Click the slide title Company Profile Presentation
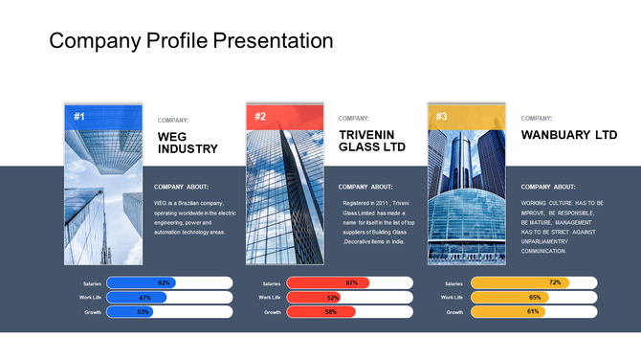(190, 41)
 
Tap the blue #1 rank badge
(79, 117)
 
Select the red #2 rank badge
(260, 117)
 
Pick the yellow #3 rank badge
(441, 117)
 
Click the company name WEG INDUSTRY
(188, 143)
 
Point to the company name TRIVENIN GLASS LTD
(372, 142)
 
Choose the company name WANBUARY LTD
(568, 135)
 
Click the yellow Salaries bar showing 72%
(520, 283)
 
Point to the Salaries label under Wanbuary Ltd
(453, 283)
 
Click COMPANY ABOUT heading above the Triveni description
(365, 187)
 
